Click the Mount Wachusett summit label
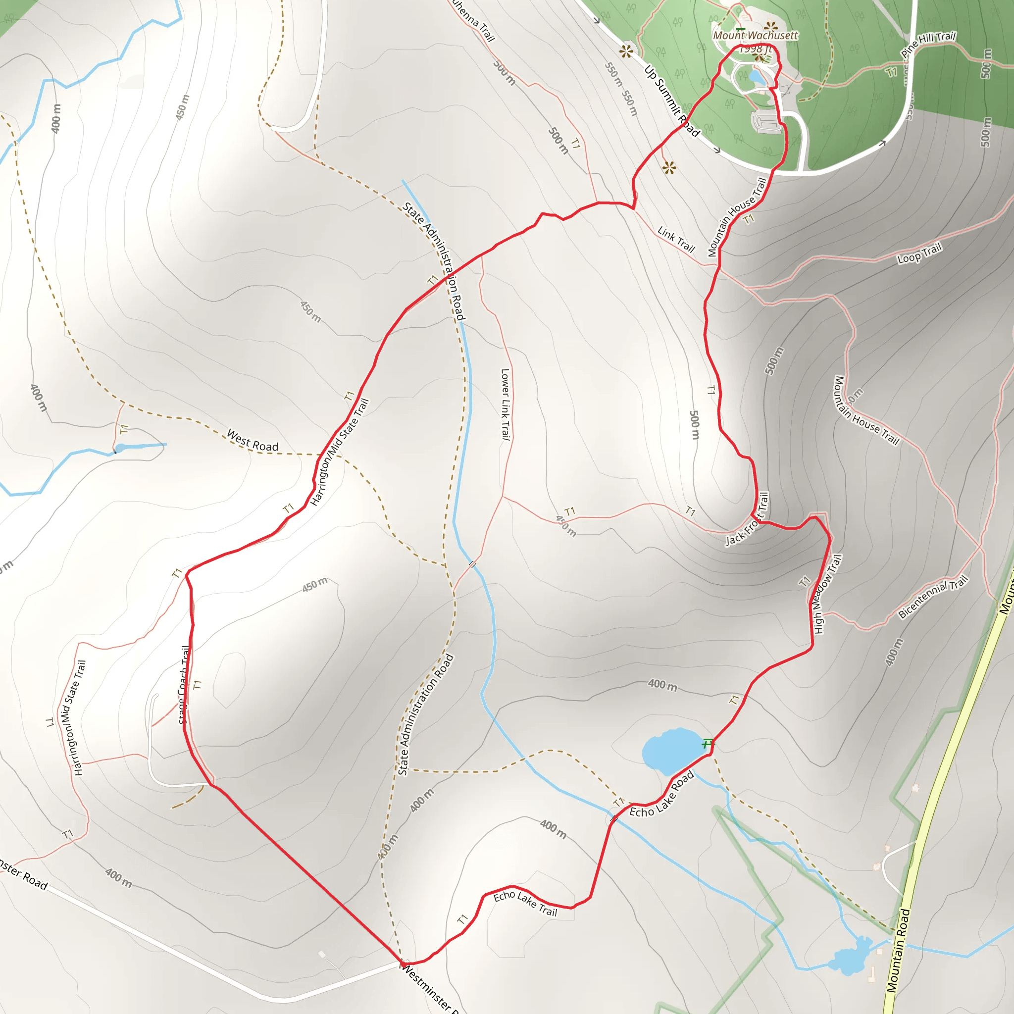click(755, 36)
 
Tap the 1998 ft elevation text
click(755, 49)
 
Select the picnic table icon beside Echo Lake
click(708, 743)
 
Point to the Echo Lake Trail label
click(525, 903)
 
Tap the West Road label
click(253, 440)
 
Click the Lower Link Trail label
click(506, 404)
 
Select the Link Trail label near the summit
click(676, 240)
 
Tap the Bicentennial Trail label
click(933, 597)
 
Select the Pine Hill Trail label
click(928, 44)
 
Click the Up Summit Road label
click(672, 101)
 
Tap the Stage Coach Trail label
click(184, 685)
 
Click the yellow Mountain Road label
click(898, 950)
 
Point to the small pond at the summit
click(757, 77)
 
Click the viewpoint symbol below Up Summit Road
click(668, 168)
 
